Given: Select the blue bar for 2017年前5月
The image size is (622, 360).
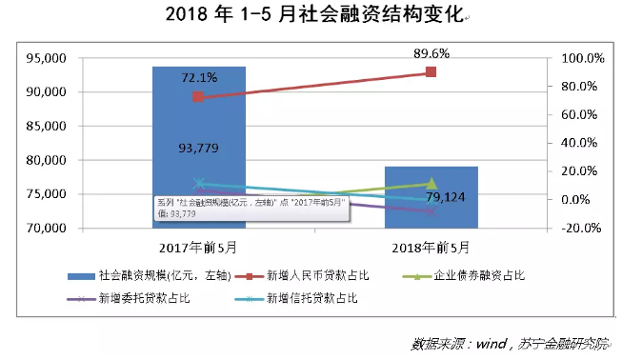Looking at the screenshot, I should [x=198, y=124].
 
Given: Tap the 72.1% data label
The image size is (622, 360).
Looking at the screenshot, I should [x=198, y=76].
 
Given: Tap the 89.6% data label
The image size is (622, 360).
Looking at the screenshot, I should [x=431, y=53].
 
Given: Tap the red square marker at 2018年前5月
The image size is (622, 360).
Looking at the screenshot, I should [x=431, y=72].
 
